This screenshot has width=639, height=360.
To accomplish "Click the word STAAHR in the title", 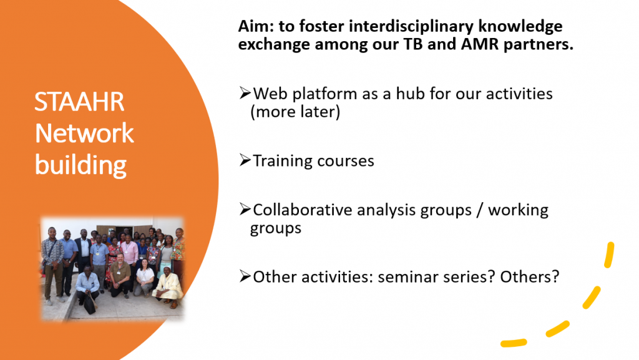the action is coord(79,102).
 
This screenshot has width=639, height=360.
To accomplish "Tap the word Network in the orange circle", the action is coord(84,133).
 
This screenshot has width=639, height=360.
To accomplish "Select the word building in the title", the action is coord(80,166).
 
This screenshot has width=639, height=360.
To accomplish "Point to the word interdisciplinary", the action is coord(411,27).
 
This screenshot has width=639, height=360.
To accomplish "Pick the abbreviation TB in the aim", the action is coord(413,44).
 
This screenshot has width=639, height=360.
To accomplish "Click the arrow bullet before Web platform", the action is coord(245,93).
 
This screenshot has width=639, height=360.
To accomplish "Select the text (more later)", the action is coord(295,112).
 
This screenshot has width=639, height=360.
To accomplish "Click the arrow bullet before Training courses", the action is coord(245,160).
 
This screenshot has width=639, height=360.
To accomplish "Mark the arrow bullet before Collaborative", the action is coord(245,209).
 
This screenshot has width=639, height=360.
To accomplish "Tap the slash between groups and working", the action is coord(479,210).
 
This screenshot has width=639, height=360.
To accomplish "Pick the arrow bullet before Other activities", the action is coord(245,276).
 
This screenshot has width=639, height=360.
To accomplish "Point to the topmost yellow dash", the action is coord(609,255).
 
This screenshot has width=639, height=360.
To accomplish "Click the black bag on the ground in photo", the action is coord(90,304).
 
